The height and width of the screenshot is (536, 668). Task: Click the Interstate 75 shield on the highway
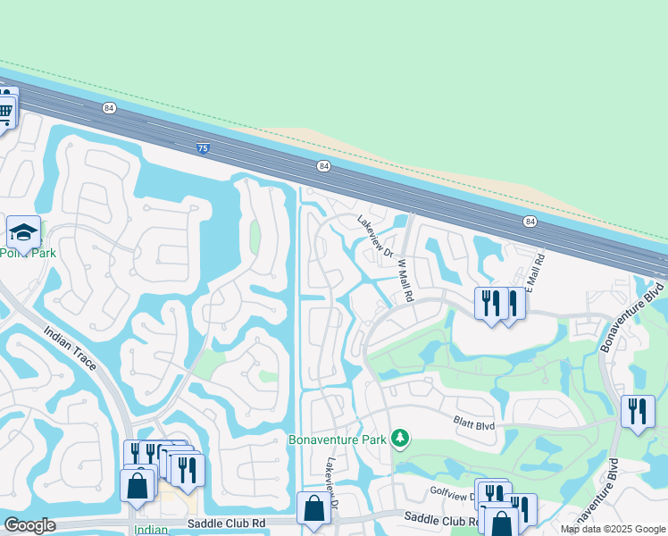[x=203, y=148]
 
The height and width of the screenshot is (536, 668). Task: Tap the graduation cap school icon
[x=23, y=232]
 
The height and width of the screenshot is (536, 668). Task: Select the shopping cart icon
[x=5, y=113]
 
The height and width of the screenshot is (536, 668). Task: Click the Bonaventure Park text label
[x=338, y=439]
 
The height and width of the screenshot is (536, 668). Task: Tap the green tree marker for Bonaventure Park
[x=402, y=438]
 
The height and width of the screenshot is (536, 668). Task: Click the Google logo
[x=29, y=525]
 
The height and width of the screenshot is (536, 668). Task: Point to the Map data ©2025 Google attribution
[x=613, y=529]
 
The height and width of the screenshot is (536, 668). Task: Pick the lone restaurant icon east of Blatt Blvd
[x=638, y=411]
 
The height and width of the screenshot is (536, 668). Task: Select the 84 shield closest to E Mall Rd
[x=530, y=221]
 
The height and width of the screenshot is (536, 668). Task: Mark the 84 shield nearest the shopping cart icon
[x=109, y=108]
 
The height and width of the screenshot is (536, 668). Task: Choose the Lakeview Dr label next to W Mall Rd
[x=375, y=238]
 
